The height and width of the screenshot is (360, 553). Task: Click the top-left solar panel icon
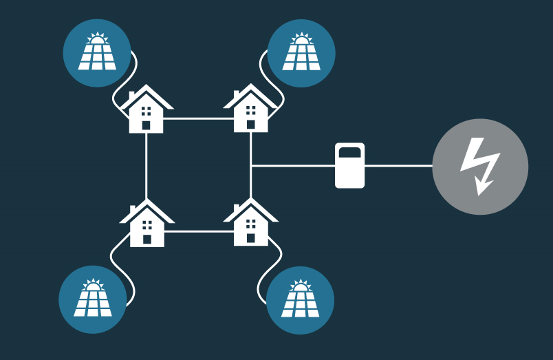pyautogui.click(x=96, y=53)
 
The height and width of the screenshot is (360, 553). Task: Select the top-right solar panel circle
pyautogui.click(x=301, y=53)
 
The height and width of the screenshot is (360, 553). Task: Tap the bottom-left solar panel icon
pyautogui.click(x=92, y=299)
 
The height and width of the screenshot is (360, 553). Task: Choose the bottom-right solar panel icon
pyautogui.click(x=300, y=300)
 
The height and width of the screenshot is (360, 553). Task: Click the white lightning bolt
pyautogui.click(x=479, y=166)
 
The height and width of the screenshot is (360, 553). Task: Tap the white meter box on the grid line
pyautogui.click(x=349, y=166)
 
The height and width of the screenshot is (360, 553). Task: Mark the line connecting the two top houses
pyautogui.click(x=198, y=118)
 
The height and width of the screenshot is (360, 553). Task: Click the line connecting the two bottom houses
pyautogui.click(x=198, y=231)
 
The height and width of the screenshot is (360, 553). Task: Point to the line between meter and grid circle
pyautogui.click(x=398, y=166)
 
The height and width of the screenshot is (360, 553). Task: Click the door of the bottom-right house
pyautogui.click(x=250, y=238)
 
